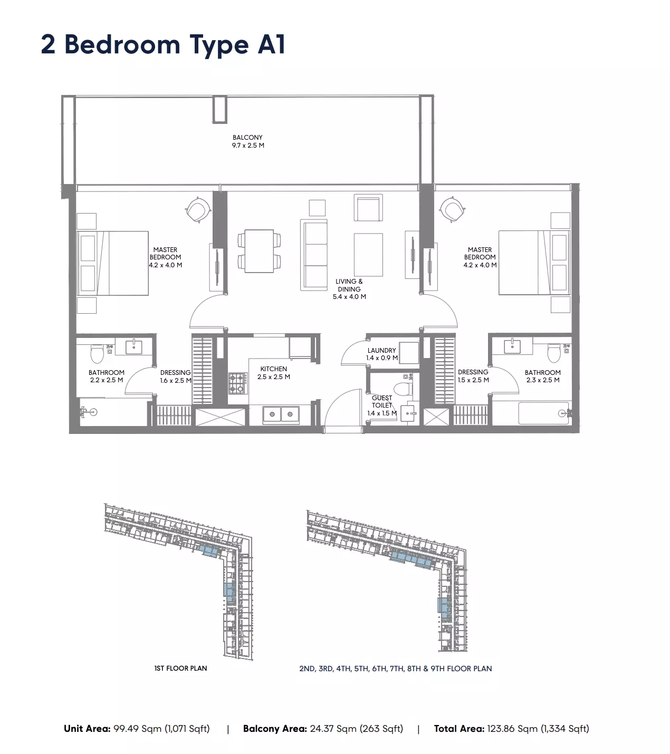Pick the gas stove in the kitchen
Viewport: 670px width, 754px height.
tap(237, 383)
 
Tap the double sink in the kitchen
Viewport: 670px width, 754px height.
tap(281, 414)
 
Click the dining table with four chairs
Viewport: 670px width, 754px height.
tap(259, 250)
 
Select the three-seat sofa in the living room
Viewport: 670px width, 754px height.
tap(314, 255)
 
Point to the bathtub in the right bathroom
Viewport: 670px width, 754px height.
tap(545, 413)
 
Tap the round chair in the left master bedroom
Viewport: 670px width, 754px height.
tap(198, 210)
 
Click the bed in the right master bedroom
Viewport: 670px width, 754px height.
tap(534, 263)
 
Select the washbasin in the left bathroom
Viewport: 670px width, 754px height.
tap(133, 347)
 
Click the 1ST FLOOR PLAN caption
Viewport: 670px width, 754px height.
tap(180, 669)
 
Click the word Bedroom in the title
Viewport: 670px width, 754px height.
tap(122, 45)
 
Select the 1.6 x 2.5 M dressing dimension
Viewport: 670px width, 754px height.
tap(176, 380)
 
